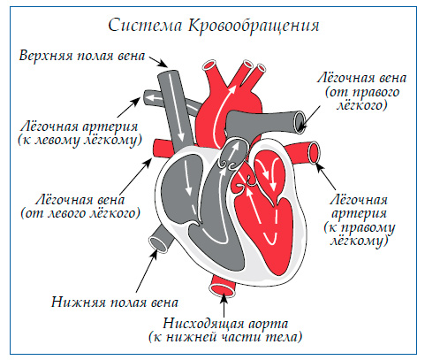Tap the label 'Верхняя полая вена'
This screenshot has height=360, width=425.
click(81, 56)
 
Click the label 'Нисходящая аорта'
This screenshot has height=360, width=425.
click(223, 321)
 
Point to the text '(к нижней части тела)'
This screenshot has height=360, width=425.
click(224, 337)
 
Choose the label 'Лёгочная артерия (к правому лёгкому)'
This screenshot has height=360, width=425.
click(360, 217)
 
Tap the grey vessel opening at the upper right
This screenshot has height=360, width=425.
click(302, 120)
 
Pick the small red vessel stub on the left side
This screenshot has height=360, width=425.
click(162, 145)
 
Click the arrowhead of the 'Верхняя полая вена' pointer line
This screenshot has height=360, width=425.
click(166, 67)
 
